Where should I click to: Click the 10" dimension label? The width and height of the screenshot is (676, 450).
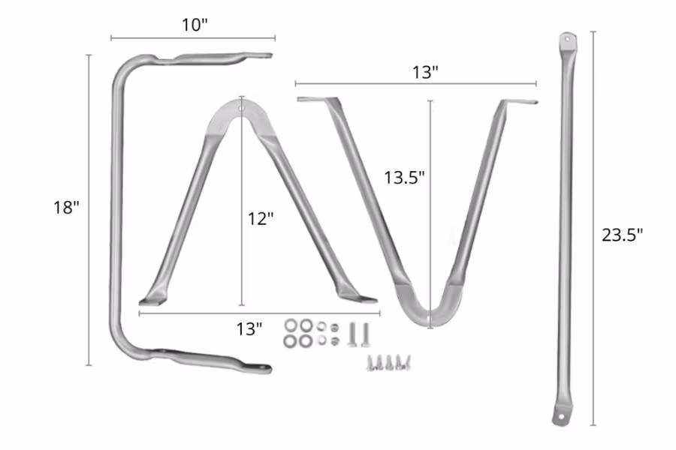[193, 25]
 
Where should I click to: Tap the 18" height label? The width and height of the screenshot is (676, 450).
[66, 208]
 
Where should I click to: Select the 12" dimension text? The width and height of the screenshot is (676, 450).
[261, 218]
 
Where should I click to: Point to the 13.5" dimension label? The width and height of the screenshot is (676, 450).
[405, 178]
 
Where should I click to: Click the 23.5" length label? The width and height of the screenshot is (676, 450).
[622, 234]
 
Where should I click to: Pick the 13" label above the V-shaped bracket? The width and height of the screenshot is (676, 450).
[425, 72]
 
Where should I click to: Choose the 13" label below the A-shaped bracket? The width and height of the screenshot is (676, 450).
[249, 328]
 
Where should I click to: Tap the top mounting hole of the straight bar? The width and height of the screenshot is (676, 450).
[567, 38]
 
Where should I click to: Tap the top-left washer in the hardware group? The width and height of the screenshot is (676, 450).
[291, 326]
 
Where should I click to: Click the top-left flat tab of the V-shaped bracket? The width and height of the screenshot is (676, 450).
[311, 100]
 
